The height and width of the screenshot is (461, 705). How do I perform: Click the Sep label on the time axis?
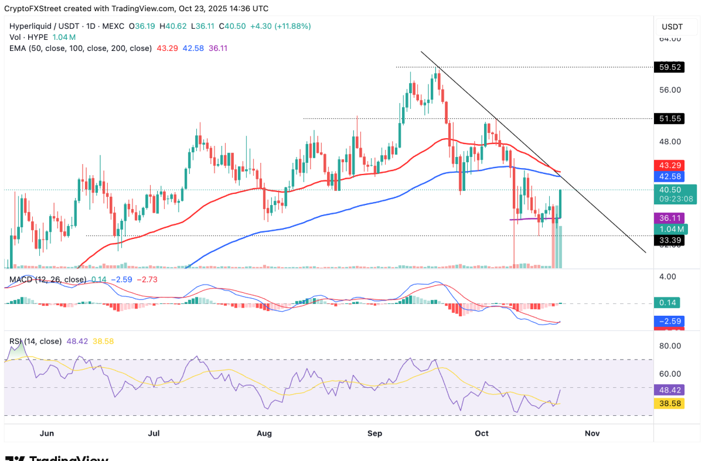[x=374, y=433]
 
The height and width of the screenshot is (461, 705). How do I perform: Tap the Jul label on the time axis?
[x=154, y=433]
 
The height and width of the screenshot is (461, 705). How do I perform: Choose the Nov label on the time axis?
[x=592, y=433]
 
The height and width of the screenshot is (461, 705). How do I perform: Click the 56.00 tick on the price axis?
[x=670, y=90]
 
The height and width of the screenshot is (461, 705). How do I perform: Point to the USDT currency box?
[x=672, y=26]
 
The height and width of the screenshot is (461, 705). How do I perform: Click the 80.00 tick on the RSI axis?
[x=670, y=346]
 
